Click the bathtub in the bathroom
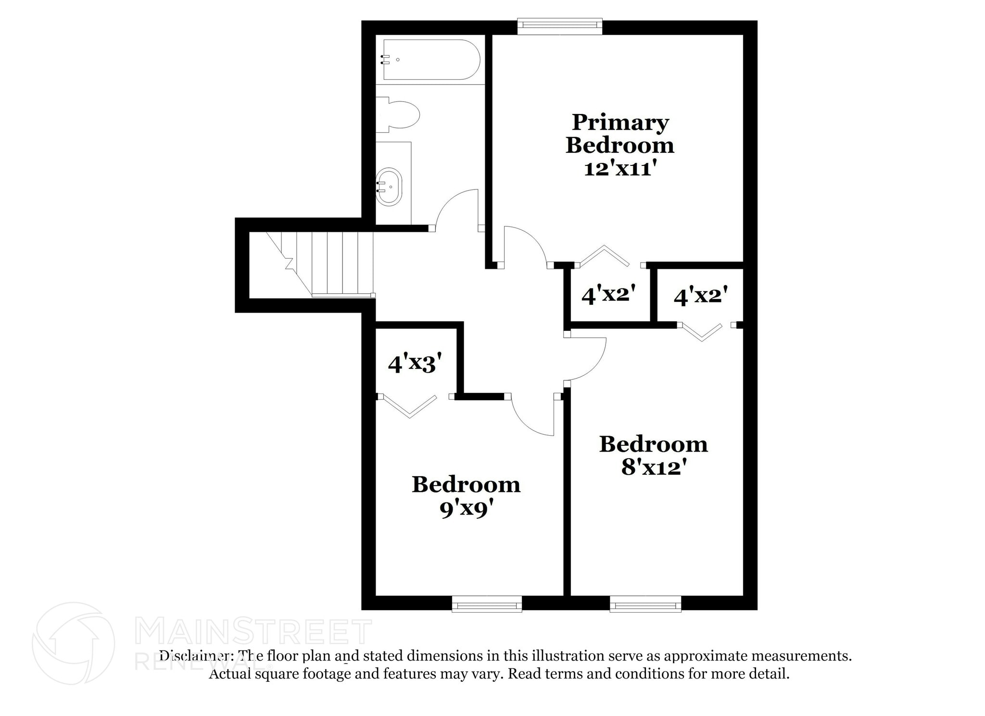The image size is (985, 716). [431, 60]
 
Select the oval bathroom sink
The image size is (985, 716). [389, 187]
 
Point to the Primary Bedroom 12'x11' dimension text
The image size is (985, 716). [620, 169]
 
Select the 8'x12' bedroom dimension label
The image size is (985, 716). [653, 467]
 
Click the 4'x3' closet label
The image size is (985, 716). [415, 364]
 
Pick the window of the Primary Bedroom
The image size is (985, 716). [559, 26]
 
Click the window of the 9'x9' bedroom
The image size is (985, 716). [487, 604]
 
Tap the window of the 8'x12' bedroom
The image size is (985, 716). [645, 604]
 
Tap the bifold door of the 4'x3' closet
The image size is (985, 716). [409, 406]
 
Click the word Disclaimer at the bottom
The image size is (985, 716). [197, 655]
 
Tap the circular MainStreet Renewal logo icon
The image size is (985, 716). [73, 643]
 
